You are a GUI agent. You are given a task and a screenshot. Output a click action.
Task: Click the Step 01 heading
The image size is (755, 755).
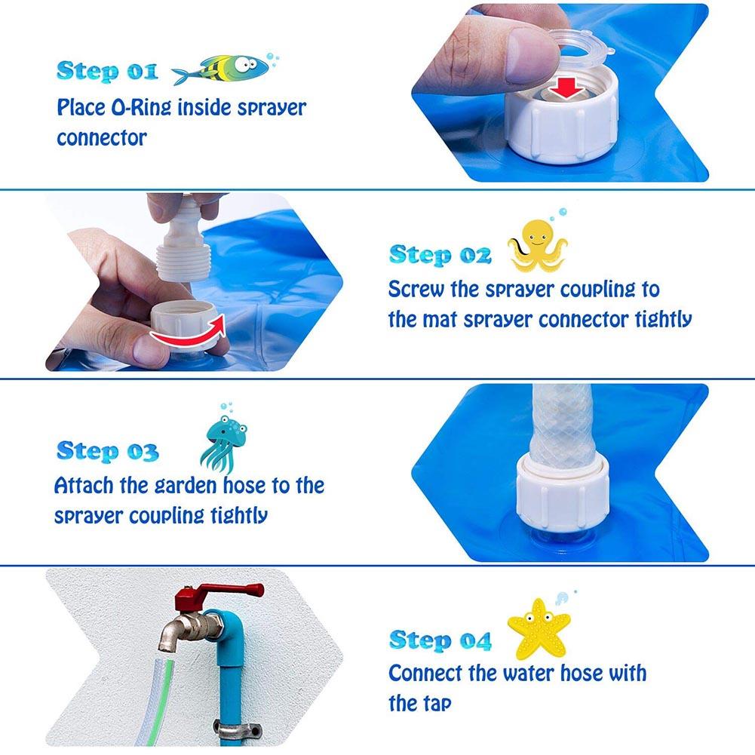[106, 71]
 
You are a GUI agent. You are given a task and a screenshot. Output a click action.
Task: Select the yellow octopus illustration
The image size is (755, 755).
[538, 245]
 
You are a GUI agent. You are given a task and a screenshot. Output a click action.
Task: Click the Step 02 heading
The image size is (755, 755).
[440, 255]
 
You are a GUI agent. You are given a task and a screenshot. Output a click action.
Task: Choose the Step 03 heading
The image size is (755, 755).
[107, 451]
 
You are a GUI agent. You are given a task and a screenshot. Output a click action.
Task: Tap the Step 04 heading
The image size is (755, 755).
[440, 640]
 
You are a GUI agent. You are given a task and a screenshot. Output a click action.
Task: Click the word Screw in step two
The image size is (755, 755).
[416, 290]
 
